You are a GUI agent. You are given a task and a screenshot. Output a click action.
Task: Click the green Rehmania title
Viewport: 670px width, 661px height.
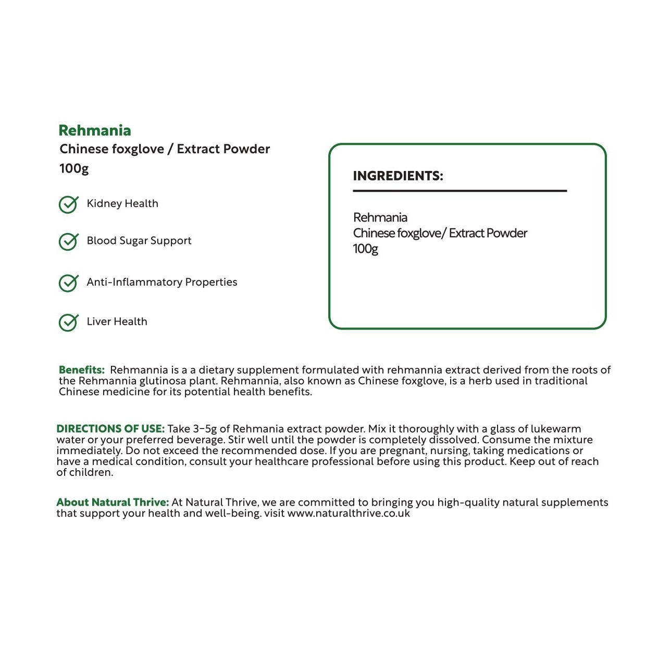(x=94, y=130)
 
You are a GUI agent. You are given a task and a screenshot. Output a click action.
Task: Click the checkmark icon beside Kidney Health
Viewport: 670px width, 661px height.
(x=68, y=204)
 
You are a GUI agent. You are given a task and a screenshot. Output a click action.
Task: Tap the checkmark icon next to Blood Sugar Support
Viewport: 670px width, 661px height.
(x=68, y=241)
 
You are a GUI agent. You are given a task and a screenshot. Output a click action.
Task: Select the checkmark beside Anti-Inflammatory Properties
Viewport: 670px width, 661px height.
(x=68, y=283)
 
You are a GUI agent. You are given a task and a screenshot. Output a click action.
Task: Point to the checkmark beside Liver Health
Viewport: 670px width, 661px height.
(x=68, y=323)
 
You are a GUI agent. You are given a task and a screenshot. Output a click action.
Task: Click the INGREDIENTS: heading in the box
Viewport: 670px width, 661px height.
(x=398, y=176)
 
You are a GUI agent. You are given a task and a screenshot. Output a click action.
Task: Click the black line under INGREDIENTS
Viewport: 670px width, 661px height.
(x=460, y=191)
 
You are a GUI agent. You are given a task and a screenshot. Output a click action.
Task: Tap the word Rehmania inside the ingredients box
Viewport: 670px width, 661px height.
(x=380, y=217)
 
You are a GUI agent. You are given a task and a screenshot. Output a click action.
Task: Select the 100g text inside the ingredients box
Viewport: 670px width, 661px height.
(x=365, y=249)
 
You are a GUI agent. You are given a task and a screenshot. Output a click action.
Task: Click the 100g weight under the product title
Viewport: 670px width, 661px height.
(x=74, y=168)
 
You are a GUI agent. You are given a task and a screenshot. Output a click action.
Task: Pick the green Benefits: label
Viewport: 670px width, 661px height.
(x=81, y=370)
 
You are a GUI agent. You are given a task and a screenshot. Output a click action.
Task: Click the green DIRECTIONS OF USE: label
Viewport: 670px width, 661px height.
(x=110, y=429)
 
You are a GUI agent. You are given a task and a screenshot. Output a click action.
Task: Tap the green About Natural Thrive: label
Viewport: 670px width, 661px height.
(x=113, y=503)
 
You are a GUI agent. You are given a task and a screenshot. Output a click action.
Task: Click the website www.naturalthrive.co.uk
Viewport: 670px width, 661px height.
(x=349, y=513)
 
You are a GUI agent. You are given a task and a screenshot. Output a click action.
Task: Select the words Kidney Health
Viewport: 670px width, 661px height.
(x=122, y=204)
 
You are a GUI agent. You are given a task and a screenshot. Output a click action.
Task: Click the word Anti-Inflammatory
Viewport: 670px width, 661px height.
(x=134, y=282)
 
